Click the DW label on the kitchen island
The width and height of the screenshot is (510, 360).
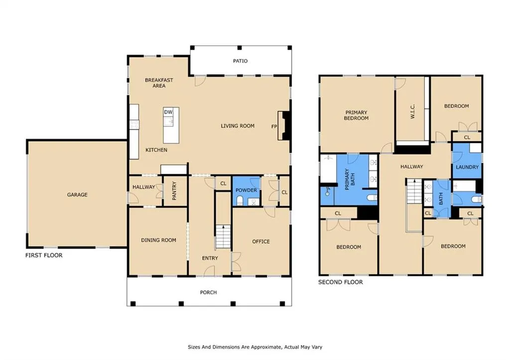pos(168,112)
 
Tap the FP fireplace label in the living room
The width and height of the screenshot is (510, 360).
pos(274,126)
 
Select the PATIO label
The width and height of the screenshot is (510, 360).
pos(241,61)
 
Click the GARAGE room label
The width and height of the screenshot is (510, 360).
pos(77,195)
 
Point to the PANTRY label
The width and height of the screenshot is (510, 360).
pos(174,191)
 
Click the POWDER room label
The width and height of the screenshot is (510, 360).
pos(246,190)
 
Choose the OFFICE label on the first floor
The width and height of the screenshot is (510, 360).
pos(261,241)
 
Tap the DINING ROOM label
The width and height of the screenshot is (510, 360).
pos(158,240)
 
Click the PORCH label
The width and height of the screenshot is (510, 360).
pos(208,292)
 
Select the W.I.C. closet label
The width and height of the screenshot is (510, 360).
pos(412,112)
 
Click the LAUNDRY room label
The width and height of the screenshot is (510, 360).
pos(467,167)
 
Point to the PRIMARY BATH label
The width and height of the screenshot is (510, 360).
pos(350,179)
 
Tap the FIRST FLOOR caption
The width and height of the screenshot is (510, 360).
pos(44,255)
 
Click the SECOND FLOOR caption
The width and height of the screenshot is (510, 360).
pos(341,282)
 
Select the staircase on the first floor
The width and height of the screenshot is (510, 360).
pos(223,237)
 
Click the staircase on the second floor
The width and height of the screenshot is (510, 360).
pos(414,191)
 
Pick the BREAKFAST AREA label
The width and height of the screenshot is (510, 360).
pos(159,83)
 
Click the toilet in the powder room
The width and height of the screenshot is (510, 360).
pos(240,201)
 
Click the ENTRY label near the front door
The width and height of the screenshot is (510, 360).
pos(210,258)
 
